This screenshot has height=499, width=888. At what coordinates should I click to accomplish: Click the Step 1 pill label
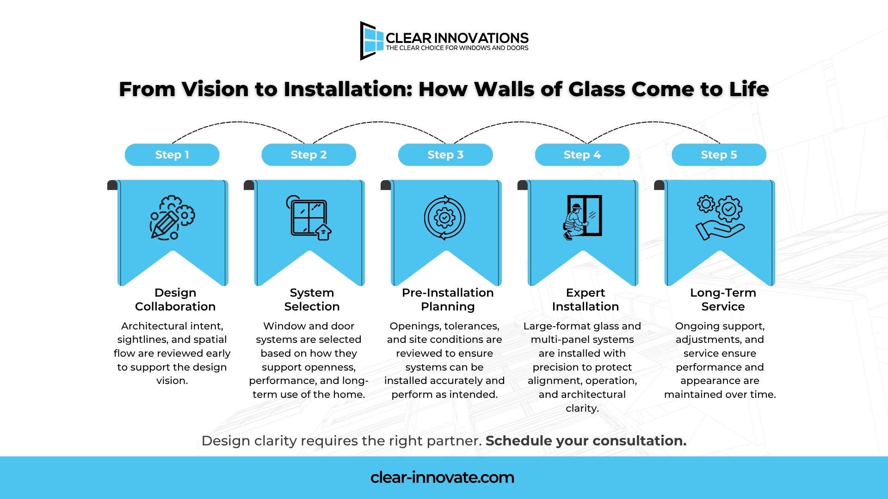[172, 155]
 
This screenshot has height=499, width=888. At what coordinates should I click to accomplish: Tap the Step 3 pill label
[445, 155]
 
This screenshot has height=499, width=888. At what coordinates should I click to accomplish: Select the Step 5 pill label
[719, 155]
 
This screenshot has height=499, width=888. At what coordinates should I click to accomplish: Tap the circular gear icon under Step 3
[445, 218]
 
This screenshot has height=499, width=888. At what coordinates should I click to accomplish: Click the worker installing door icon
[582, 216]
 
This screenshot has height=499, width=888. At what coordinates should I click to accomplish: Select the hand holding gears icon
[720, 218]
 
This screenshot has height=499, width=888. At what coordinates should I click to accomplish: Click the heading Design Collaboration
[175, 299]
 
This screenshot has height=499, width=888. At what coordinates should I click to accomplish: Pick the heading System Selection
[312, 299]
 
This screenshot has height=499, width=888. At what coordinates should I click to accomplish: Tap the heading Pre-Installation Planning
[448, 299]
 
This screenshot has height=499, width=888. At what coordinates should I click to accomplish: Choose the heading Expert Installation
[585, 299]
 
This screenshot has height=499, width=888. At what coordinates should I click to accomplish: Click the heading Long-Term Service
[723, 299]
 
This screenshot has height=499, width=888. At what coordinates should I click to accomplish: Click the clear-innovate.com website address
[442, 477]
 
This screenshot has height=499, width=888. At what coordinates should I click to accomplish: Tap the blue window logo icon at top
[372, 41]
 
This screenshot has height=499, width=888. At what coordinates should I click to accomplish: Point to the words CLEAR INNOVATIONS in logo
[457, 38]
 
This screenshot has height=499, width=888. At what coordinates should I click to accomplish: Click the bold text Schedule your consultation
[586, 441]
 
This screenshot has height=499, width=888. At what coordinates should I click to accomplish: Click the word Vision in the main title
[215, 89]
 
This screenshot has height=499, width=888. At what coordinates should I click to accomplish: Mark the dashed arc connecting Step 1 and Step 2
[238, 122]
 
